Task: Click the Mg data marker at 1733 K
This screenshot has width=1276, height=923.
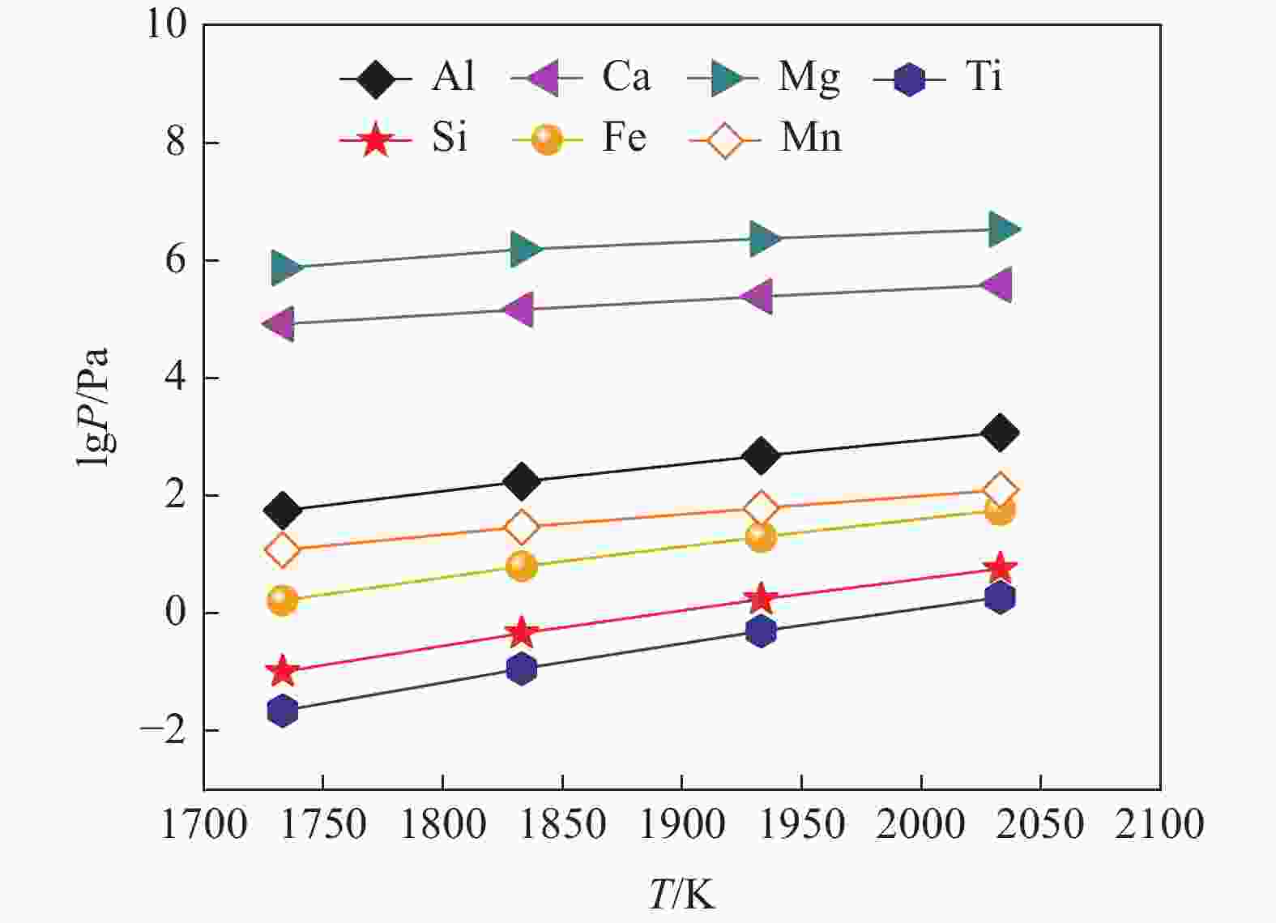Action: pyautogui.click(x=284, y=267)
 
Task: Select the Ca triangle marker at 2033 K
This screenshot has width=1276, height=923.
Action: pyautogui.click(x=997, y=284)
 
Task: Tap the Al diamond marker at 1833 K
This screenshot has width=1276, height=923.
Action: pyautogui.click(x=521, y=481)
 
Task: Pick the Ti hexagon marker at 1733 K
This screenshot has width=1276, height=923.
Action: pyautogui.click(x=282, y=711)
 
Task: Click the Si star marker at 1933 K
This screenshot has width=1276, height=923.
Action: pyautogui.click(x=761, y=599)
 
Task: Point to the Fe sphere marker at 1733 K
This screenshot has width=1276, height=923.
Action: pyautogui.click(x=282, y=600)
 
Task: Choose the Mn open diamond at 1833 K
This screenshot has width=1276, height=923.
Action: pyautogui.click(x=521, y=528)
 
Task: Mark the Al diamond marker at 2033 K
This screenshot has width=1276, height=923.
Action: pyautogui.click(x=1000, y=433)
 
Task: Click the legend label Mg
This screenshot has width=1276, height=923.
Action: pyautogui.click(x=809, y=77)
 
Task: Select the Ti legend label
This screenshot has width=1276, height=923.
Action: pyautogui.click(x=984, y=77)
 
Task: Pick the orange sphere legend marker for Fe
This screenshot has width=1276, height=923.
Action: pyautogui.click(x=548, y=140)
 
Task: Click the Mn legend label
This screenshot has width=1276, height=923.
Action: pyautogui.click(x=810, y=138)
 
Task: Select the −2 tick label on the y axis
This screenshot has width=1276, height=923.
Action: pyautogui.click(x=160, y=729)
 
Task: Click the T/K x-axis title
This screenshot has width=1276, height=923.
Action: pyautogui.click(x=682, y=895)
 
